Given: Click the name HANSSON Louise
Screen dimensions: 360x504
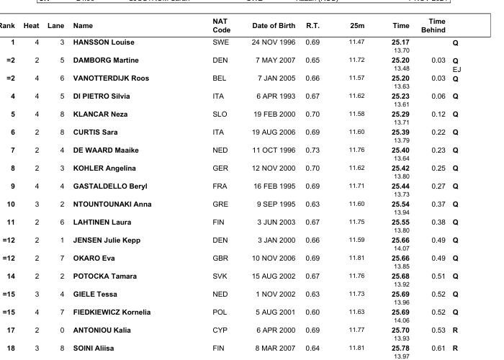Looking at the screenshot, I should [x=104, y=42].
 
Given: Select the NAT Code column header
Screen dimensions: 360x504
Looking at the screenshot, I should [x=222, y=26].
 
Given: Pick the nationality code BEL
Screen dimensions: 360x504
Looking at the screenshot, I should [x=220, y=78].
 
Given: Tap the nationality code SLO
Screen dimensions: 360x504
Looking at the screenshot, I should [x=220, y=114].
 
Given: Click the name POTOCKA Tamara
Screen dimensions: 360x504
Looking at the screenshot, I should [x=105, y=276].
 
